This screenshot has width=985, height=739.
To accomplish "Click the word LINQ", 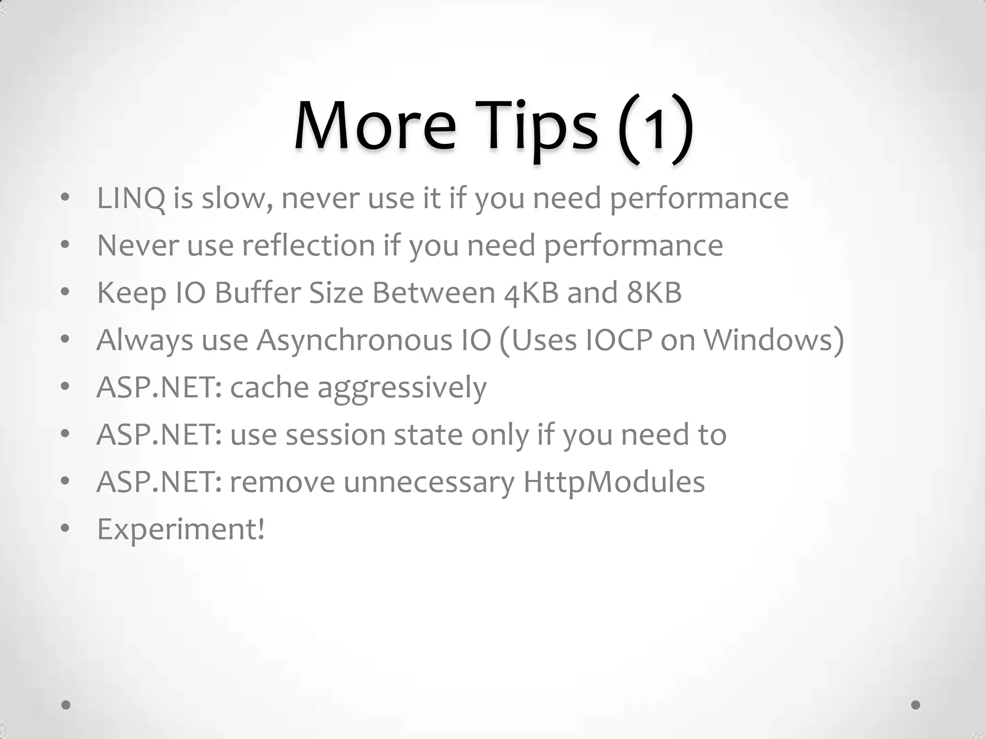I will click(x=131, y=198).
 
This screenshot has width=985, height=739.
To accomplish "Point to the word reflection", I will click(x=308, y=245).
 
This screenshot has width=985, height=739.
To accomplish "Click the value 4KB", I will click(x=531, y=293).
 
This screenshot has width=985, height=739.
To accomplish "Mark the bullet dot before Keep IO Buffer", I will click(x=65, y=293).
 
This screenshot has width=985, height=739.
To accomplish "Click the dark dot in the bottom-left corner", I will click(x=66, y=705).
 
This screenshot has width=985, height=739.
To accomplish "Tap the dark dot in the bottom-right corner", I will click(x=916, y=705).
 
